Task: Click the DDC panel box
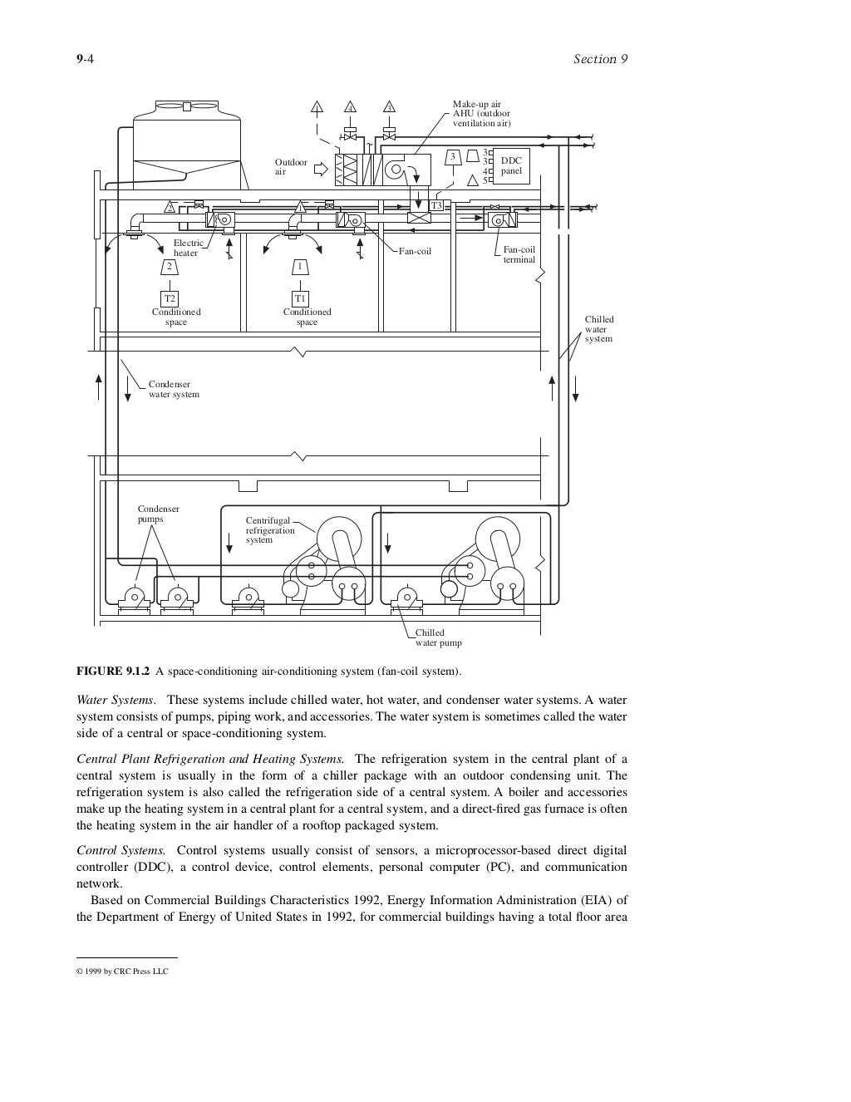(511, 166)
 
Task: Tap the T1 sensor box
(300, 298)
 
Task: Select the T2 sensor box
(170, 298)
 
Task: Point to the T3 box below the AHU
(436, 205)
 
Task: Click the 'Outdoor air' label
(291, 167)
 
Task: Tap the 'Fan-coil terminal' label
(519, 254)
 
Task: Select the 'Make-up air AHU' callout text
(481, 114)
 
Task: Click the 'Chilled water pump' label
(438, 637)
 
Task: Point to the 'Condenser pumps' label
(158, 514)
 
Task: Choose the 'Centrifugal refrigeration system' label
(270, 529)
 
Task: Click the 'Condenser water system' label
(174, 389)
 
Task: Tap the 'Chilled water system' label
(599, 329)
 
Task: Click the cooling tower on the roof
(188, 141)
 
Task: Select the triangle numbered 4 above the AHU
(351, 107)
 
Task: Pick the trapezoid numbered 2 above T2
(170, 267)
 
